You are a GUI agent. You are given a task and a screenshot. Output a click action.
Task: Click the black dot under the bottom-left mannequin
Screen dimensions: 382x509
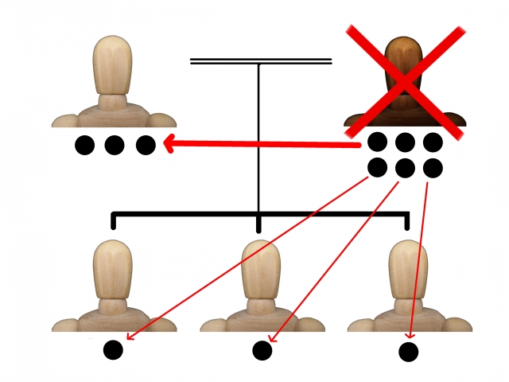click(x=113, y=349)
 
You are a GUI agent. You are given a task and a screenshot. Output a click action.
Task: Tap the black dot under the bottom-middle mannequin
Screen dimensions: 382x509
click(x=262, y=350)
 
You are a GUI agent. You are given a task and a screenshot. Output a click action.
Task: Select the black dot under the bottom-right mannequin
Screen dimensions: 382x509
click(x=409, y=352)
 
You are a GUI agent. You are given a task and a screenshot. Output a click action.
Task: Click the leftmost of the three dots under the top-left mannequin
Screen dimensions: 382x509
click(x=84, y=146)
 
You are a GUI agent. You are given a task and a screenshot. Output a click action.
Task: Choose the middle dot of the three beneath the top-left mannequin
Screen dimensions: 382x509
click(x=115, y=146)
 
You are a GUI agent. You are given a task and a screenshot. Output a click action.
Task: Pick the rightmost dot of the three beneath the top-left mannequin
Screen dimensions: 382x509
click(x=145, y=146)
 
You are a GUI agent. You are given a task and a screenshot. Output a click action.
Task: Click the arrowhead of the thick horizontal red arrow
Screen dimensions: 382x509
click(x=169, y=145)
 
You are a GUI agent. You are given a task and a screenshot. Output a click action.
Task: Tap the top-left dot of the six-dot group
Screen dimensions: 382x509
click(x=377, y=142)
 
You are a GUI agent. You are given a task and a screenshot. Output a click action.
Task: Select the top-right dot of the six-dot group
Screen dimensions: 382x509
click(x=433, y=142)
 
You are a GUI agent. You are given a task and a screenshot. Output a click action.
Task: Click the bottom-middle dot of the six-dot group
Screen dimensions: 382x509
click(x=405, y=168)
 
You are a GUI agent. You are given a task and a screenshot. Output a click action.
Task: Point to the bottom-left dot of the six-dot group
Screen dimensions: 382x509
click(x=377, y=168)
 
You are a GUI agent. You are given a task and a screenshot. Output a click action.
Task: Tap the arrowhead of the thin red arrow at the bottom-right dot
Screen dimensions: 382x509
click(x=411, y=336)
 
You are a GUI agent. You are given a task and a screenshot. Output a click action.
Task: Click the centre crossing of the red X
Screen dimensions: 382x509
click(x=405, y=78)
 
